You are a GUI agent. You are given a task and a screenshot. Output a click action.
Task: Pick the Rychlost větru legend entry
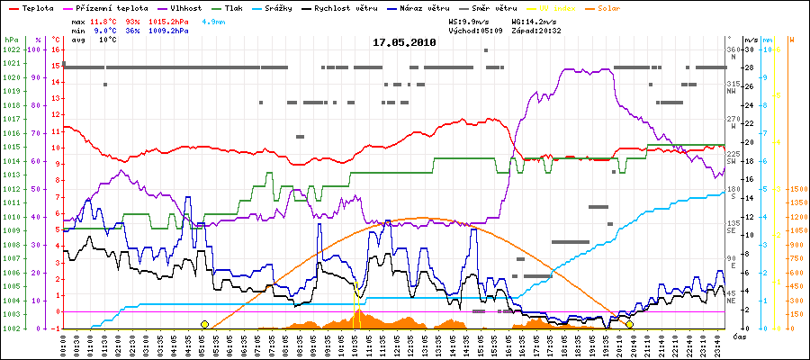click(344, 6)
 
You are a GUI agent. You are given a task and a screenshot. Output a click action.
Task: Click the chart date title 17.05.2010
click(405, 42)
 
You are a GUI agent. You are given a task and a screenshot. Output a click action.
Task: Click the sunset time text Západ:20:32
click(536, 30)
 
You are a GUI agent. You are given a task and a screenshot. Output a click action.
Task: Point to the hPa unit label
click(11, 40)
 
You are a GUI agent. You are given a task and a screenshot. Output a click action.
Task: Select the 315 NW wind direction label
click(732, 86)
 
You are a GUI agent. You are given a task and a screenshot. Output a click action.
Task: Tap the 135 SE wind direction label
click(732, 226)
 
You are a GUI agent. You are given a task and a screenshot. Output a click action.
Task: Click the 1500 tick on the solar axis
click(796, 189)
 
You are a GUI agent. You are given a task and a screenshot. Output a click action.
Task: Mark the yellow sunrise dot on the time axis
click(204, 324)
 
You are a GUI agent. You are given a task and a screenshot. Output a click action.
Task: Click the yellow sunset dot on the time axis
click(630, 324)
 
